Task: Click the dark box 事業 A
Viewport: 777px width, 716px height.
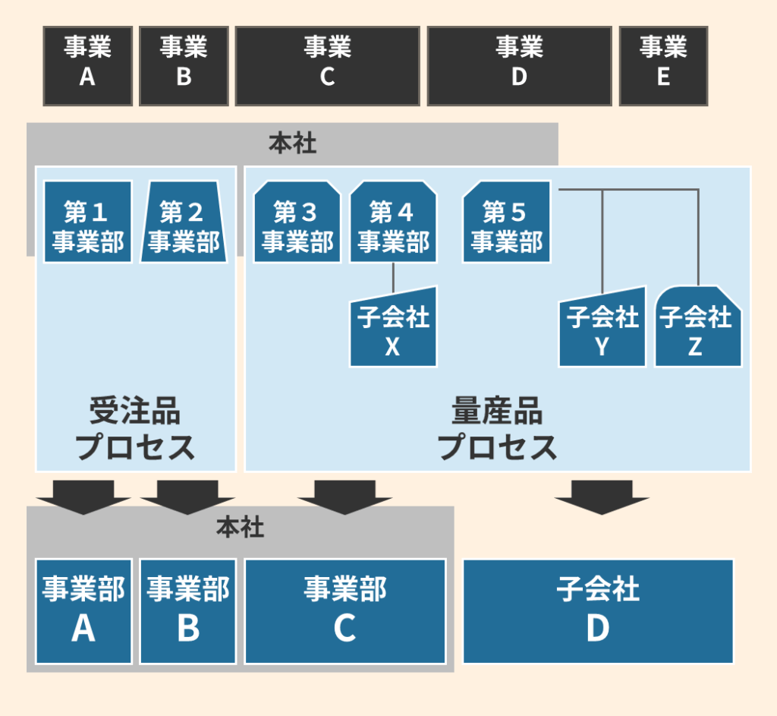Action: point(87,66)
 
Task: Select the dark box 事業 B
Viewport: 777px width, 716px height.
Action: point(184,66)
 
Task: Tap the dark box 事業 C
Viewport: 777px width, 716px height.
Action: point(327,66)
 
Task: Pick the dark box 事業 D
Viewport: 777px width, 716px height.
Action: point(519,66)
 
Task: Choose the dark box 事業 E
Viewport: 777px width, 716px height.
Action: point(663,66)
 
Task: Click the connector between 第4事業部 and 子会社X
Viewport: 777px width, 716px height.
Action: point(393,277)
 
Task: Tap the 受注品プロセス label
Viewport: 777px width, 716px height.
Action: point(135,430)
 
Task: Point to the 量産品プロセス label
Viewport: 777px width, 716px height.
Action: point(497,430)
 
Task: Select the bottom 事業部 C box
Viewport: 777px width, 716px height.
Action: point(344,610)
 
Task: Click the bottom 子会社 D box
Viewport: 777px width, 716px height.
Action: point(598,610)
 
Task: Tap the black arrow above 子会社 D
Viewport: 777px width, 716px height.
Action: point(602,497)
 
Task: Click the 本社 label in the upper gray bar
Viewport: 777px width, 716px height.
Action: point(292,144)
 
